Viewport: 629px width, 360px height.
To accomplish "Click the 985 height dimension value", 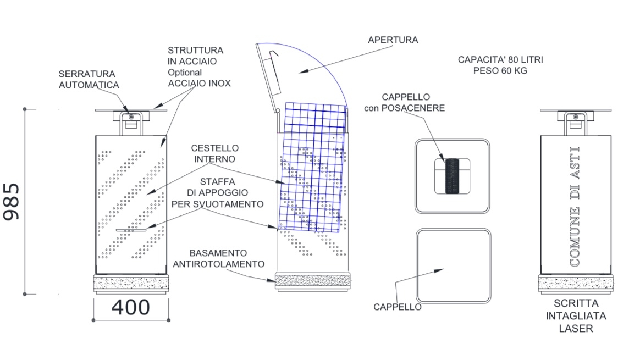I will click(12, 202).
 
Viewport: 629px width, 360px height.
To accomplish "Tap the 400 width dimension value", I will click(131, 307).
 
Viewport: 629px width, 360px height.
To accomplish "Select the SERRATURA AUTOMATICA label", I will click(89, 79).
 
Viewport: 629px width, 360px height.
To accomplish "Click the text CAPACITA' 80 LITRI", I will click(500, 59).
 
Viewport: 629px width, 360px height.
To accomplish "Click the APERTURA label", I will click(393, 40).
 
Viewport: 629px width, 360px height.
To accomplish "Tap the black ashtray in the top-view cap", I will click(451, 176).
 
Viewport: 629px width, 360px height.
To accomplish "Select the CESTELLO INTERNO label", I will click(215, 153).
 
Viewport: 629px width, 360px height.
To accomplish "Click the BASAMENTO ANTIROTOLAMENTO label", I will click(218, 258).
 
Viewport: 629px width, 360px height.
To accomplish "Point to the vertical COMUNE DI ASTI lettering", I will click(575, 206).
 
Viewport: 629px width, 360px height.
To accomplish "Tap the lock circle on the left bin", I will click(130, 116).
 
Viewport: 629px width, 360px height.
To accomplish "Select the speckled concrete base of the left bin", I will click(131, 284).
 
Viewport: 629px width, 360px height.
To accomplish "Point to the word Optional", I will click(185, 72).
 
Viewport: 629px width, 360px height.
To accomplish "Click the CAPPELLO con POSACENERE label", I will click(404, 103).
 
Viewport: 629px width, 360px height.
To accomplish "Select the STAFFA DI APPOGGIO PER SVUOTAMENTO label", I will click(217, 192).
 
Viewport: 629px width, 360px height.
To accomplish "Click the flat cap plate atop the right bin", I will click(575, 110).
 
